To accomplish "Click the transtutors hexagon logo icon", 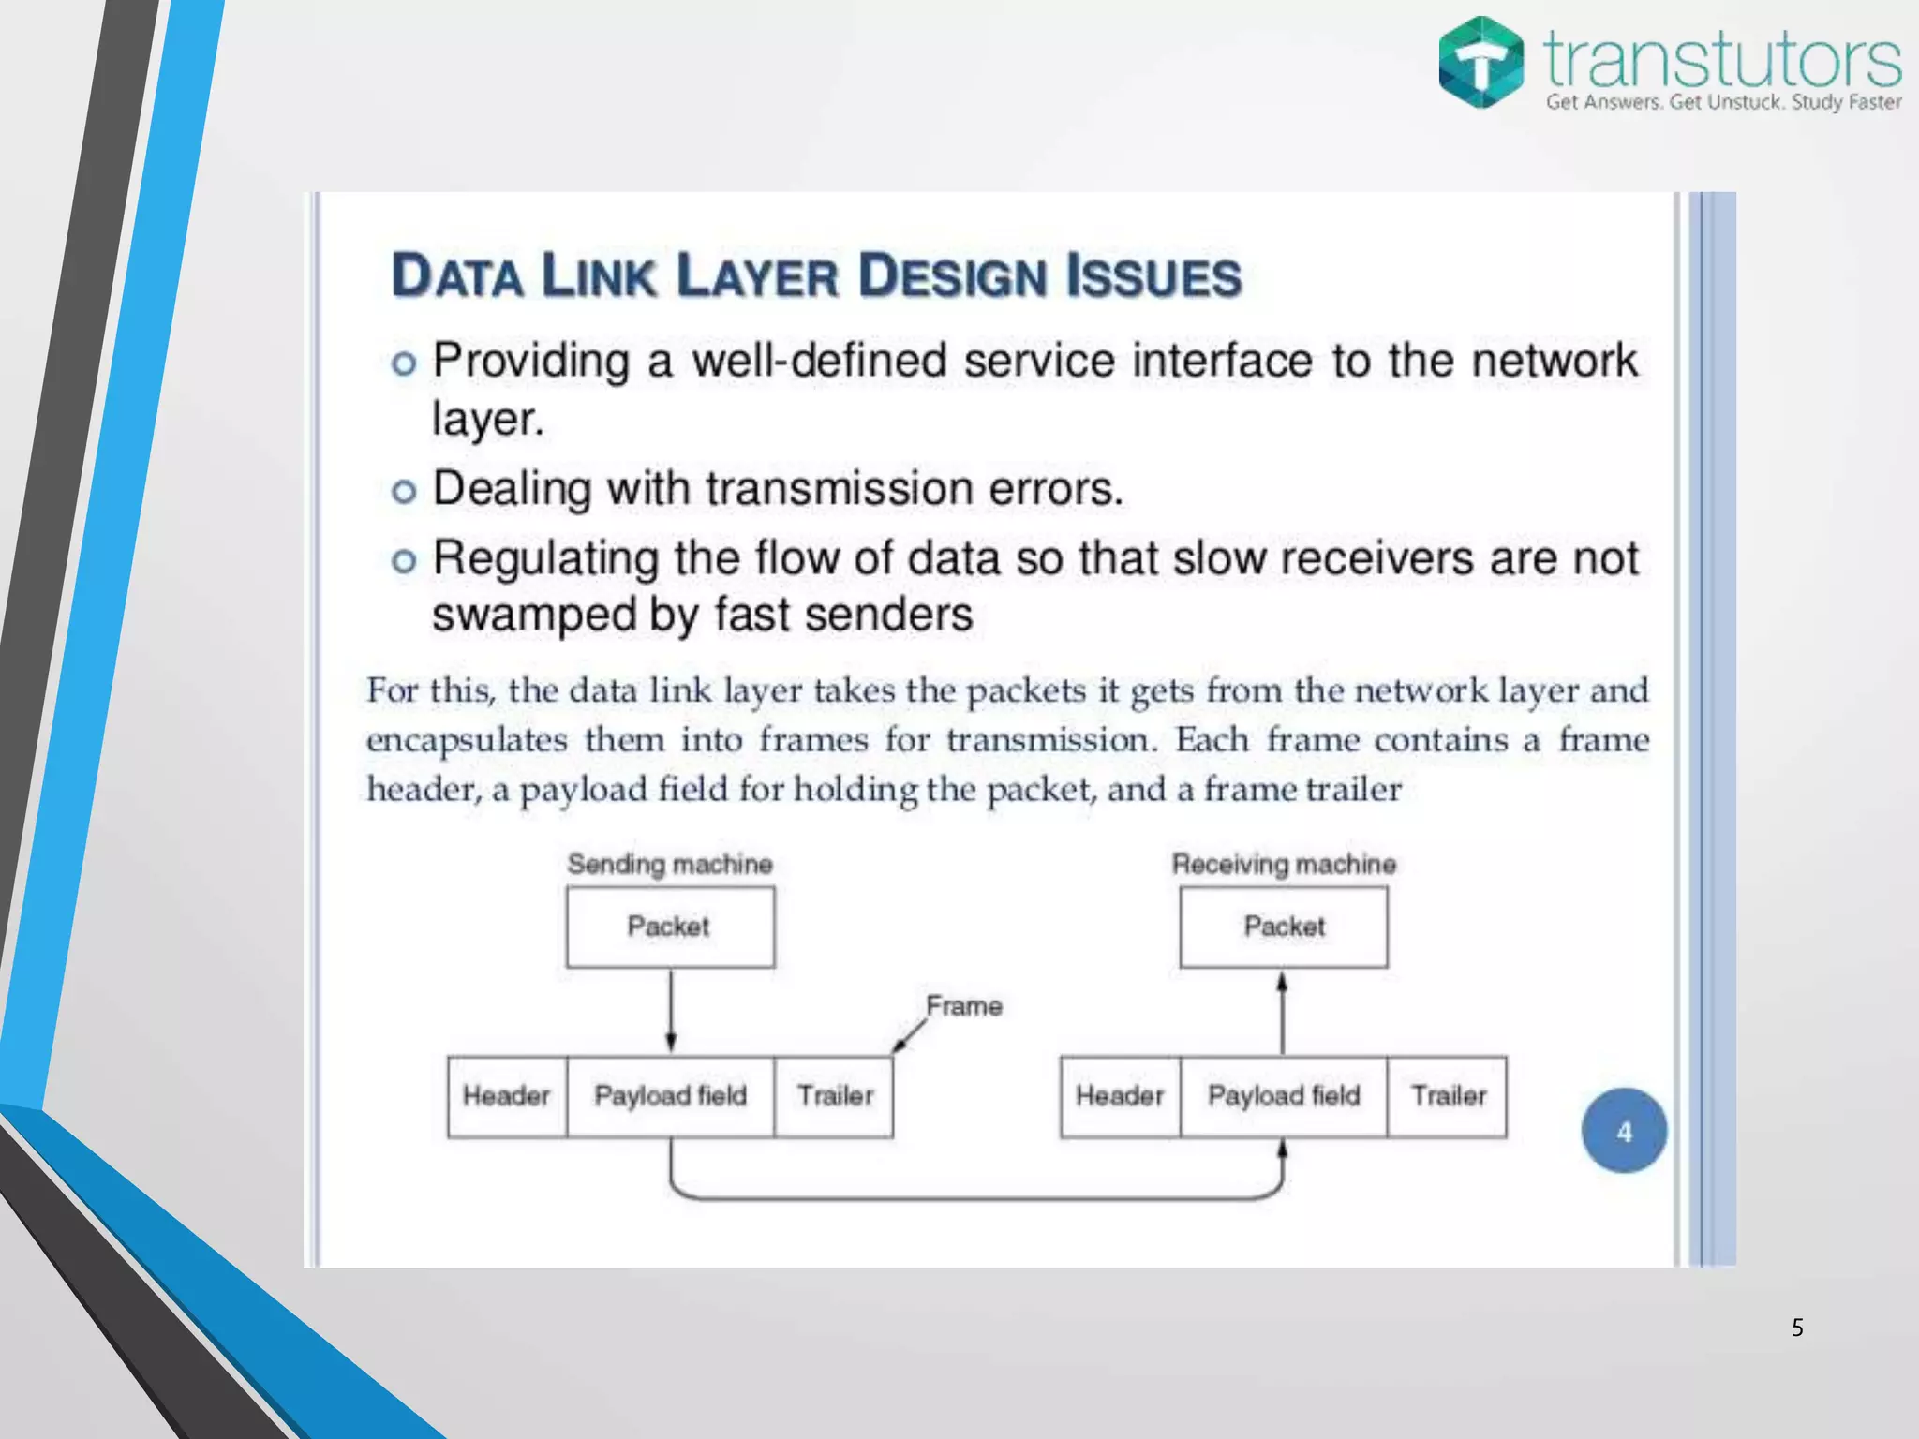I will [1480, 62].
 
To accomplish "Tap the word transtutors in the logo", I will [1722, 60].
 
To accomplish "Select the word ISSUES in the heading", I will [1153, 276].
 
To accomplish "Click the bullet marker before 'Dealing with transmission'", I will [404, 491].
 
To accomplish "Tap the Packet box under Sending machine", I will [670, 927].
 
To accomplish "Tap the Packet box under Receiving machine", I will [1284, 927].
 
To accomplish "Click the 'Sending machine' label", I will [670, 864].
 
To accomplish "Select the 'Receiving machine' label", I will [1284, 864].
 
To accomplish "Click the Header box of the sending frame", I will [507, 1096].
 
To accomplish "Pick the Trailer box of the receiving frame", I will [1448, 1096].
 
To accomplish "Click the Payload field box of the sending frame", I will [671, 1096].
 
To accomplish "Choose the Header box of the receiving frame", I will [1120, 1096].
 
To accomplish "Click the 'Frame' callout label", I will [964, 1006].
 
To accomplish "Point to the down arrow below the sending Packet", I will [671, 1012].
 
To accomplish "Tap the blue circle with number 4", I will [1624, 1131].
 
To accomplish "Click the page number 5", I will [1797, 1328].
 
